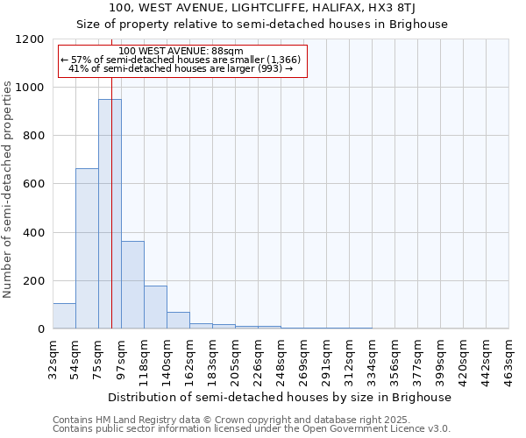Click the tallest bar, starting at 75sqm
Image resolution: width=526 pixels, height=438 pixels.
coord(110,214)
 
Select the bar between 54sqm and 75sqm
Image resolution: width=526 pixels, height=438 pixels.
coord(87,249)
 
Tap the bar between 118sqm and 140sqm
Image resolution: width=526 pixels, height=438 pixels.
coord(155,307)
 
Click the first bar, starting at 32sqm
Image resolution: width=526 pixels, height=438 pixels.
coord(64,316)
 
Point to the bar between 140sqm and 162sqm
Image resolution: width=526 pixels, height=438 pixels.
coord(178,321)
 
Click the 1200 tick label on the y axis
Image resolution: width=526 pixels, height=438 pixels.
coord(29,39)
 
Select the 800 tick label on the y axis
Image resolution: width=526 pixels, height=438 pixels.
coord(32,136)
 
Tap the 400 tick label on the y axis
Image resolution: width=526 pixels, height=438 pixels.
coord(32,233)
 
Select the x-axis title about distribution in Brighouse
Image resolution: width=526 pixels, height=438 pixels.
coord(281,397)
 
